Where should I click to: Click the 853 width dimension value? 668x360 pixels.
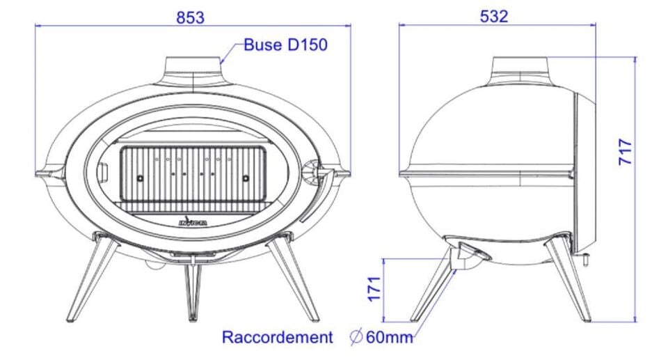tap(190, 17)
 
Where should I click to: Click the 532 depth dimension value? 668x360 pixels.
tap(494, 16)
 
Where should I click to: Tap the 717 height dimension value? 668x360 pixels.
tap(626, 152)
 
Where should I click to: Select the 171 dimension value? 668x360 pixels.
tap(375, 288)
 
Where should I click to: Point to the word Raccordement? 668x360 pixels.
tap(277, 338)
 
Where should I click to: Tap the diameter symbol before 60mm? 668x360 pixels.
tap(356, 338)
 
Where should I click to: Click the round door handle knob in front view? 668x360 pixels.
tap(310, 172)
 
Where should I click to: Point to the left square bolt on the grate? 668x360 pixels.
tap(140, 179)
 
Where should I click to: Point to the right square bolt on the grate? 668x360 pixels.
tap(246, 179)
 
